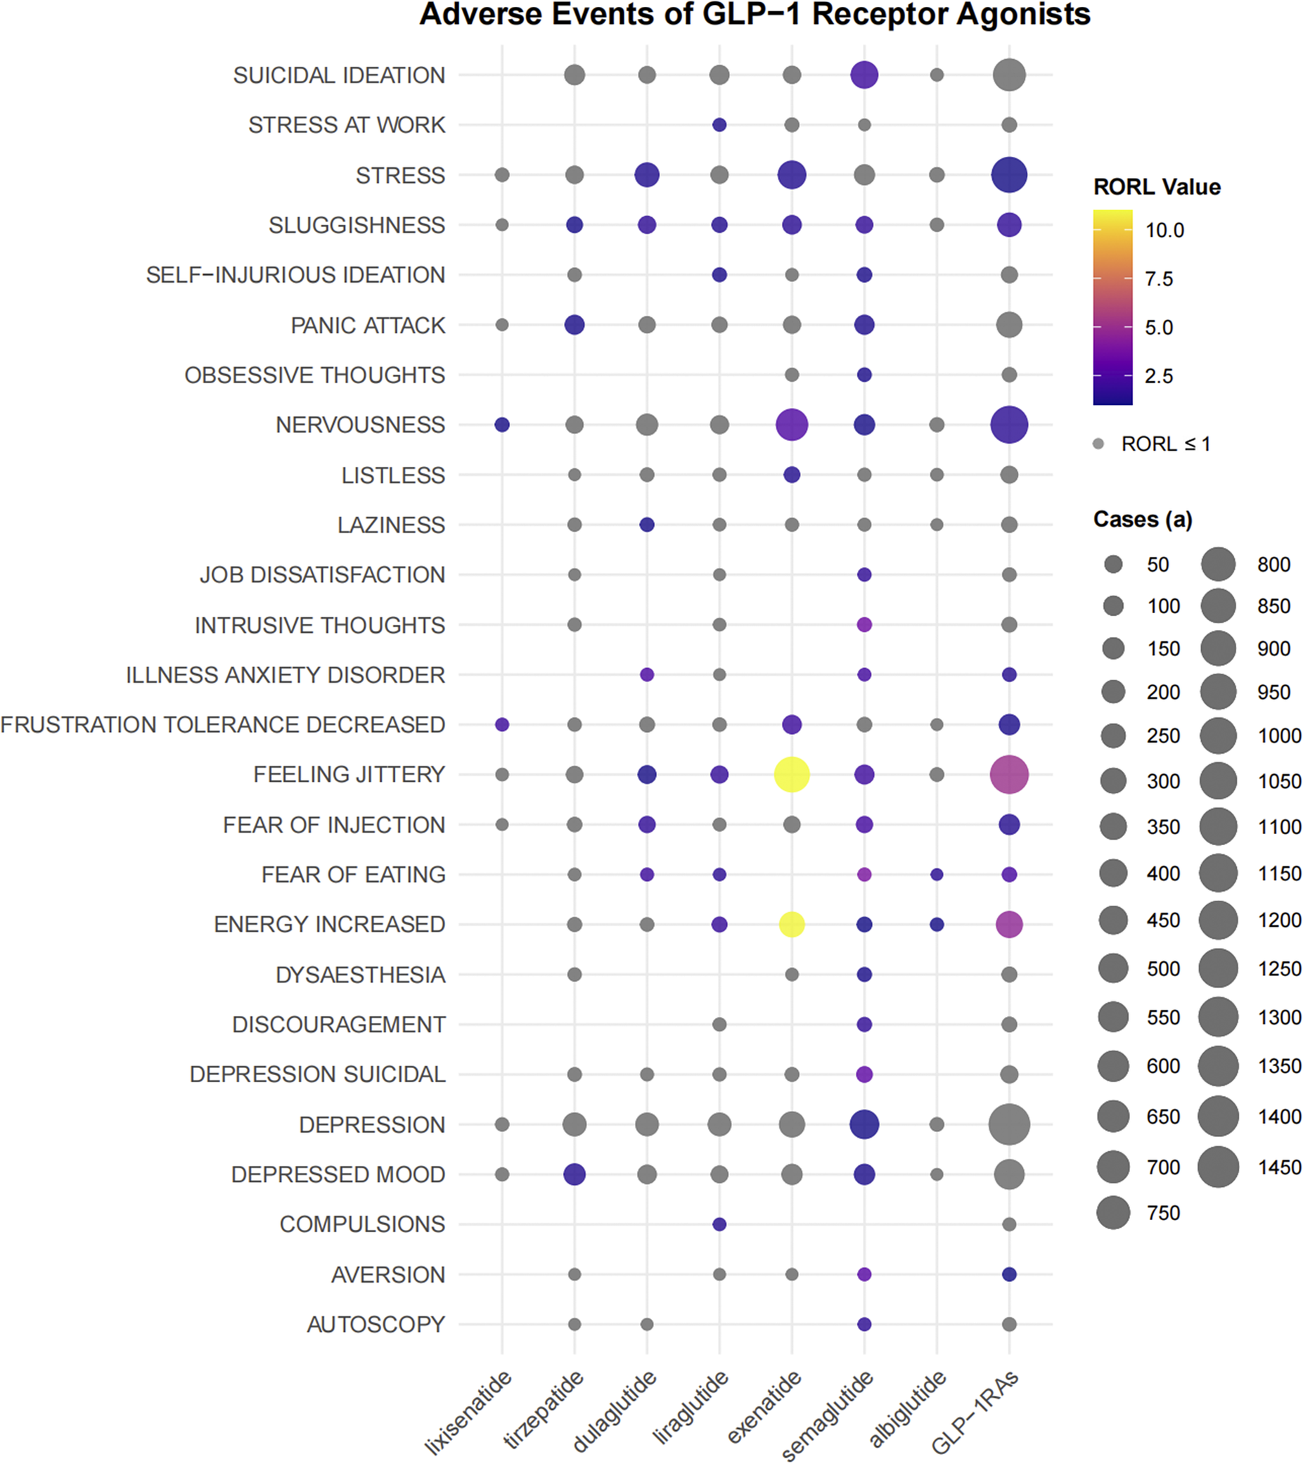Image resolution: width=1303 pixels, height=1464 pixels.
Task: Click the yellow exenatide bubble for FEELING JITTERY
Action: (792, 774)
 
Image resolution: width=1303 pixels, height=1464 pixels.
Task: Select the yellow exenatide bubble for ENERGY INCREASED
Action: (792, 924)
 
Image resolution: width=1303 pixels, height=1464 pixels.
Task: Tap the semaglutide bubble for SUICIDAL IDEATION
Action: (864, 75)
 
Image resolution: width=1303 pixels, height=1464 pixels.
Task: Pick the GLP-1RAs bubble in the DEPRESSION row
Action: (1008, 1124)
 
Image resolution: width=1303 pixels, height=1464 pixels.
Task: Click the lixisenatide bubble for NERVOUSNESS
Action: (502, 425)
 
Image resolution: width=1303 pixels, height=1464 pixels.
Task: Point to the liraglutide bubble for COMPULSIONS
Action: (719, 1224)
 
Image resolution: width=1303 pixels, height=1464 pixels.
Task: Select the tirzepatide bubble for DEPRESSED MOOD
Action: (575, 1174)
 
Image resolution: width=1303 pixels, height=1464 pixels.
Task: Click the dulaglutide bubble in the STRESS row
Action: (647, 175)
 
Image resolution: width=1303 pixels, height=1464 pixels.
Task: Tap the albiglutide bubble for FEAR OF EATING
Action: (936, 875)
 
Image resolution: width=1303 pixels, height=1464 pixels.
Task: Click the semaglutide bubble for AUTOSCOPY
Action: (864, 1324)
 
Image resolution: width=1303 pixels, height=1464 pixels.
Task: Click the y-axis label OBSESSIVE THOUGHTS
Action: (314, 375)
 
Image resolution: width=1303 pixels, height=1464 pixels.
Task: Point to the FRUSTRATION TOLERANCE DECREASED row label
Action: (223, 725)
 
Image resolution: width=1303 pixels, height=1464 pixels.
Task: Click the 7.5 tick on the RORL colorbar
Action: (1158, 278)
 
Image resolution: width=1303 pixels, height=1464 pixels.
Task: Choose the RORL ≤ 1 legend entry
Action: (1164, 444)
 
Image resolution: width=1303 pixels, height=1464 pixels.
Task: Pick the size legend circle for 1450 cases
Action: (1218, 1167)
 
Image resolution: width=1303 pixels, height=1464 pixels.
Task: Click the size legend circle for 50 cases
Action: (1113, 565)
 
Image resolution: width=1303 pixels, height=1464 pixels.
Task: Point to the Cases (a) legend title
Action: (1142, 519)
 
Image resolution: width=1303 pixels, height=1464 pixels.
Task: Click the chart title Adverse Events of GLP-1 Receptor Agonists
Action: (755, 14)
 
